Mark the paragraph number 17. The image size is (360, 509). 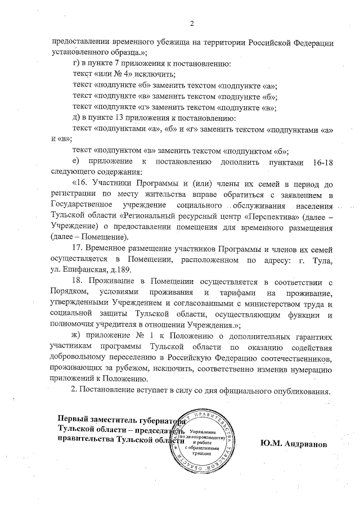(79, 248)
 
